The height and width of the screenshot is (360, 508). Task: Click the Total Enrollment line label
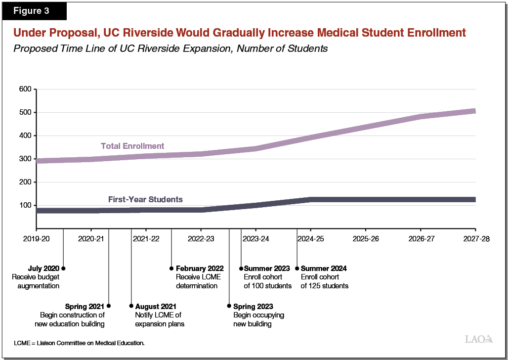tap(132, 146)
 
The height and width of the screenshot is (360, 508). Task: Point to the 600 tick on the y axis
tap(25, 89)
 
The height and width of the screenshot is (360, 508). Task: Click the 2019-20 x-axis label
tap(36, 238)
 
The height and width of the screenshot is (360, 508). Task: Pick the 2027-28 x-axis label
tap(475, 238)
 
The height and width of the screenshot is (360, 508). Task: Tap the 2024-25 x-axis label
tap(310, 238)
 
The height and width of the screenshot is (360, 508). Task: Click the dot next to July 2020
tap(63, 269)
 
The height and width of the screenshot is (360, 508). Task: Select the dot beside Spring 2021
tap(109, 306)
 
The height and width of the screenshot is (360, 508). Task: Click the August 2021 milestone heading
tap(155, 307)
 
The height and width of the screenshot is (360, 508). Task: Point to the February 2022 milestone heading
tap(200, 269)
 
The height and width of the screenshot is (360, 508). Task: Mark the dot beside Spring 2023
tap(229, 306)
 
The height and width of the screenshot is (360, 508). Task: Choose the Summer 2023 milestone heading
tap(267, 269)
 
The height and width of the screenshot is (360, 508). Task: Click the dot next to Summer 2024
tap(297, 269)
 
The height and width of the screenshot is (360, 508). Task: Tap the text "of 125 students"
tap(325, 286)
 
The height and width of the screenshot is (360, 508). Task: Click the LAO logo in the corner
tap(479, 339)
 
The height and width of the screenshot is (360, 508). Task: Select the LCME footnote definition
tap(79, 343)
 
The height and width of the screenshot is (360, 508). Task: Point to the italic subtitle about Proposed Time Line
tap(170, 49)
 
